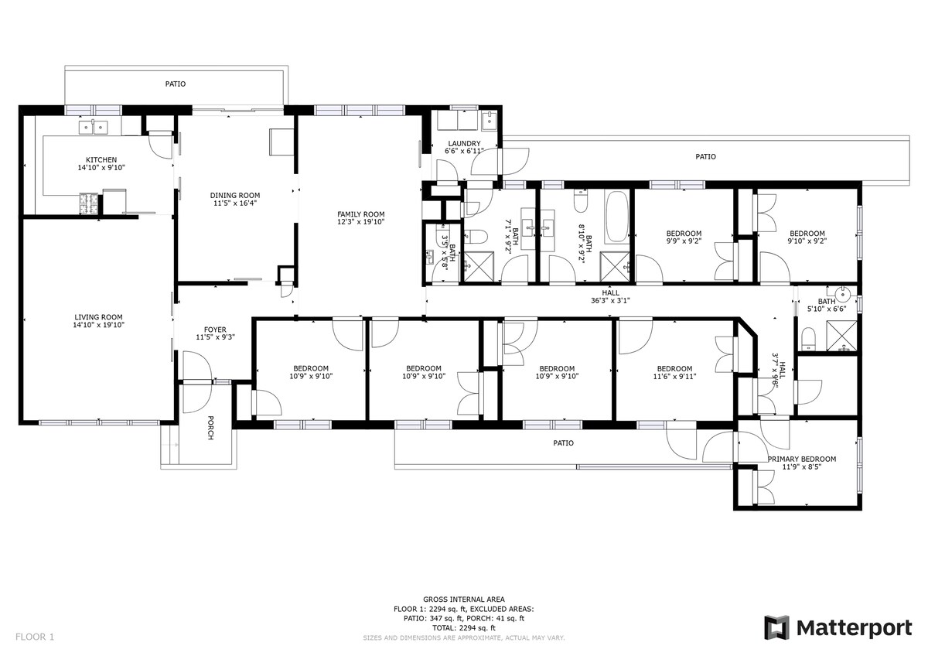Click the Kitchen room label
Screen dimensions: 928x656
tap(101, 160)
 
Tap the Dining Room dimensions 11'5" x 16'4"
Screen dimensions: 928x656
tap(235, 203)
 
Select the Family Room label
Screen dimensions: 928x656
tap(360, 214)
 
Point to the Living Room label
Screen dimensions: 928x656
tap(99, 317)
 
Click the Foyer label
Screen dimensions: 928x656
tap(215, 330)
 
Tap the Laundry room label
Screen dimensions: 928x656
tap(464, 144)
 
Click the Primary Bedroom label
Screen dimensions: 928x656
tap(802, 460)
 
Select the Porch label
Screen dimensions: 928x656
tap(210, 428)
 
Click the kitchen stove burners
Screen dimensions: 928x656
tap(89, 203)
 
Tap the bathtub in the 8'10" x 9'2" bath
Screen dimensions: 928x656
tap(617, 217)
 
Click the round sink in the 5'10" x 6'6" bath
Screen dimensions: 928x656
tap(843, 295)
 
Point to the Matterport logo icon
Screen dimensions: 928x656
tap(776, 628)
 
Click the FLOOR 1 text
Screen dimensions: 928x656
tap(35, 637)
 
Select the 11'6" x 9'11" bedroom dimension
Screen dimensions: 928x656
tap(674, 377)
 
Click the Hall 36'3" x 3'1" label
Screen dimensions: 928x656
tap(610, 297)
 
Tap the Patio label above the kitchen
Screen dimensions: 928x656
tap(176, 84)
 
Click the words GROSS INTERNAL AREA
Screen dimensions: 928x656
tap(463, 600)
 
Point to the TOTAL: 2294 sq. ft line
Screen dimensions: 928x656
tap(463, 628)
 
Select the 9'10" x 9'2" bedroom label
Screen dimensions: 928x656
tap(807, 237)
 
